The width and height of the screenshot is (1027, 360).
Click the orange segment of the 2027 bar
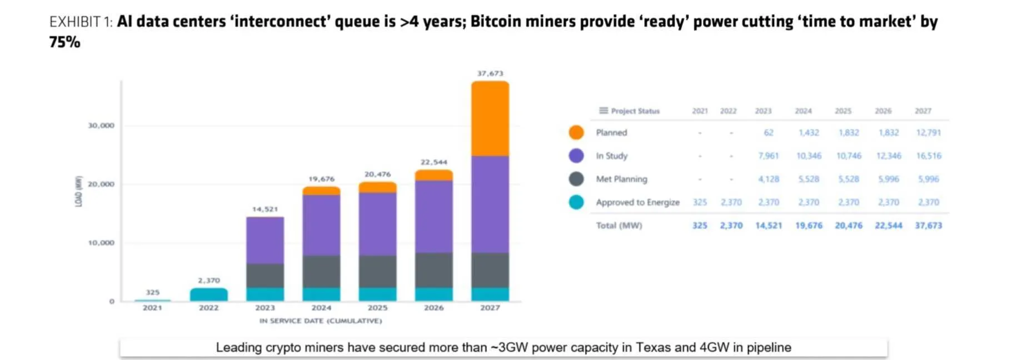pos(490,118)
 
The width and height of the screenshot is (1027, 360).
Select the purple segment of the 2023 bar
pos(265,240)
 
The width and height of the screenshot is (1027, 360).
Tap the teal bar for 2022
pos(208,294)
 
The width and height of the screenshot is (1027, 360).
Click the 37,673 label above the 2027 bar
pos(490,73)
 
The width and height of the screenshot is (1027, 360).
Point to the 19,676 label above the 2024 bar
pos(321,179)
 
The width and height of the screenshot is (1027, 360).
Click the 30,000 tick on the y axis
pos(101,126)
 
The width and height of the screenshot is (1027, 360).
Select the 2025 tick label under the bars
pos(377,308)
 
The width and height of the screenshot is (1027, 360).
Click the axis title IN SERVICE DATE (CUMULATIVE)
pos(321,321)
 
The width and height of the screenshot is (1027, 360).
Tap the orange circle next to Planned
pos(576,132)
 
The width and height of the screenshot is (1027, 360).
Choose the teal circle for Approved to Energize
pos(576,202)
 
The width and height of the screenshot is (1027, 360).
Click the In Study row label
pos(611,156)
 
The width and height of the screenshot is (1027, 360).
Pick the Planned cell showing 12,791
pos(928,133)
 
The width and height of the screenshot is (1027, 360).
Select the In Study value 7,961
pos(768,156)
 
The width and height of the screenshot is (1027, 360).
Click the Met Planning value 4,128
pos(768,179)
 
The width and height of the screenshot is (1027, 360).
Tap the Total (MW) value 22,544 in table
pos(888,226)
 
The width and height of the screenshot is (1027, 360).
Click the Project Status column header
pos(635,111)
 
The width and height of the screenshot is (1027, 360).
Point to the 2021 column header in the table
pos(700,111)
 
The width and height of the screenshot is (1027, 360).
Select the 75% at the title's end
pos(64,43)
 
